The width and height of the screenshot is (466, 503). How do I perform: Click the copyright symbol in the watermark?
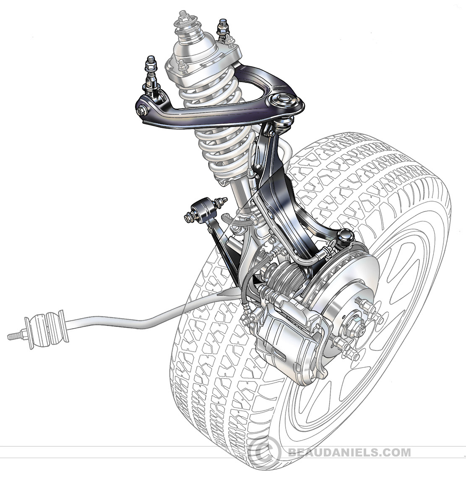(x=267, y=451)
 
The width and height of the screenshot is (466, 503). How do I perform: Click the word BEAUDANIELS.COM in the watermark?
(x=349, y=452)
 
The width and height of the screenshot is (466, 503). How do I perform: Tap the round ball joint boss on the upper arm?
(x=281, y=100)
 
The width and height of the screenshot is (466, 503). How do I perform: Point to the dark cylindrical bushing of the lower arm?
(x=202, y=212)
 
